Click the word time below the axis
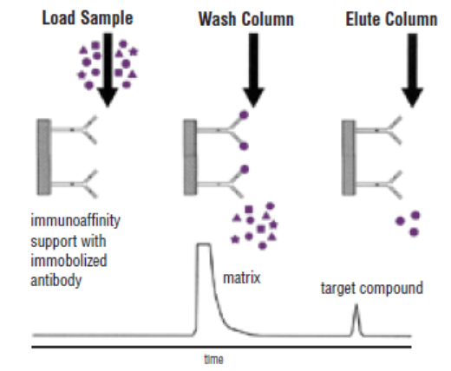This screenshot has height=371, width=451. click(215, 357)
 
